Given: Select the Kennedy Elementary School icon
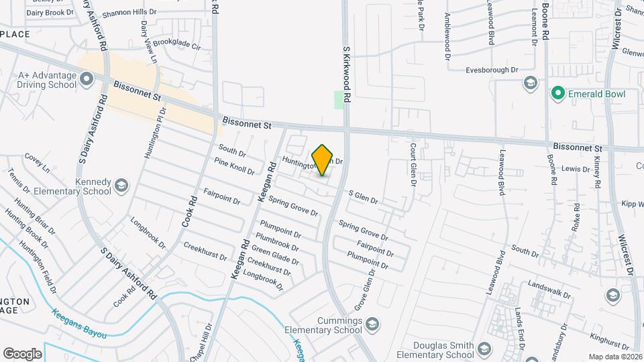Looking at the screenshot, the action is click(121, 184).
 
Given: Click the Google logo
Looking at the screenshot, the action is click(22, 353).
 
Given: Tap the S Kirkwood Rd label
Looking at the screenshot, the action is click(347, 74).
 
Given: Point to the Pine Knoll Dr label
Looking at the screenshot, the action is click(234, 166).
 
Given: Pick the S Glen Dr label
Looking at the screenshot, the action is click(363, 197).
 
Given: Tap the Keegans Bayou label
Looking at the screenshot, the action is click(79, 323).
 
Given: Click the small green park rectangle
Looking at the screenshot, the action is click(339, 100).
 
